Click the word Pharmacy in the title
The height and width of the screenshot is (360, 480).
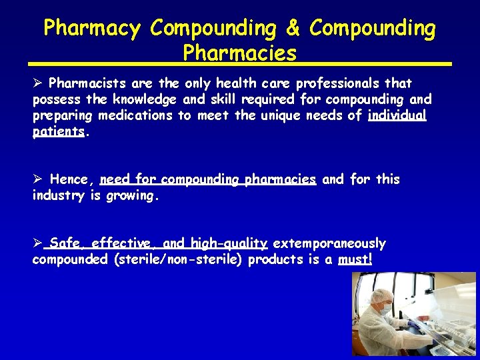pos(92,29)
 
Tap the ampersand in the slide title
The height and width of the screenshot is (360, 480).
pos(293,29)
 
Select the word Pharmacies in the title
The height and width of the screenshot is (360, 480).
pos(239,53)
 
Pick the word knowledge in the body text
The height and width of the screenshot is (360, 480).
pos(138,99)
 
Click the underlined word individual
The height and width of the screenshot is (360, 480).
pos(397,115)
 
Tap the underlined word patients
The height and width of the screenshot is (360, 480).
pos(59,131)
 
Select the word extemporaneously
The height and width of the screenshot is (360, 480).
pos(329,243)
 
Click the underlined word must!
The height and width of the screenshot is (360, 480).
pos(355,259)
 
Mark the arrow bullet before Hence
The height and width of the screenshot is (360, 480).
pos(38,179)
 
